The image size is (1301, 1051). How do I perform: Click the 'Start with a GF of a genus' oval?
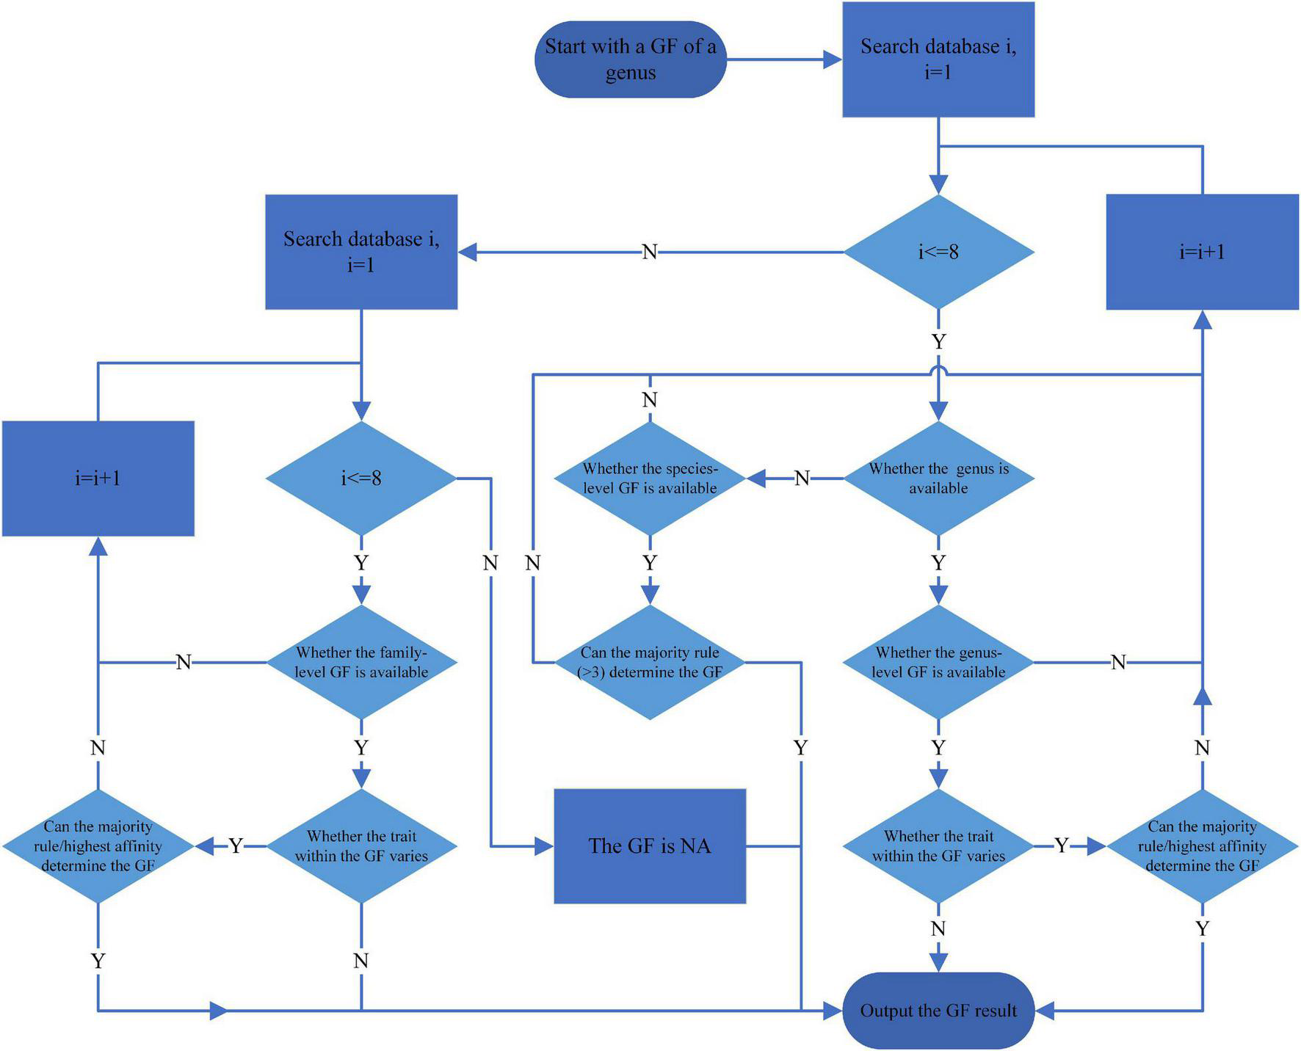pyautogui.click(x=630, y=59)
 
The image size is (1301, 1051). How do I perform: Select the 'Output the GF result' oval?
pyautogui.click(x=938, y=1011)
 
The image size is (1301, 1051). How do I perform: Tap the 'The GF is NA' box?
pyautogui.click(x=649, y=845)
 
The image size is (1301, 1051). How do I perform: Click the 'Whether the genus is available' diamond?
pyautogui.click(x=938, y=478)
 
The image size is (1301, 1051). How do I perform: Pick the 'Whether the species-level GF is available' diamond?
pyautogui.click(x=649, y=478)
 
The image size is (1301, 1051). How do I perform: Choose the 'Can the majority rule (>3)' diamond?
pyautogui.click(x=649, y=662)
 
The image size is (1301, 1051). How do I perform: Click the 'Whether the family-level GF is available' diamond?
pyautogui.click(x=360, y=662)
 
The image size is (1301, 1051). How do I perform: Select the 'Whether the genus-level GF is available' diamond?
pyautogui.click(x=938, y=662)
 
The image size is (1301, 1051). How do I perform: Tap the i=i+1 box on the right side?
pyautogui.click(x=1202, y=252)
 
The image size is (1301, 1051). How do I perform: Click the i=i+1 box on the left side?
pyautogui.click(x=98, y=478)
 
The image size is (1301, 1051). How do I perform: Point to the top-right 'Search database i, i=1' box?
pyautogui.click(x=938, y=59)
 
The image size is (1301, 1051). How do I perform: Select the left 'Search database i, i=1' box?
pyautogui.click(x=360, y=252)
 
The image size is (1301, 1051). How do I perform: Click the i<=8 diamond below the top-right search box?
pyautogui.click(x=938, y=252)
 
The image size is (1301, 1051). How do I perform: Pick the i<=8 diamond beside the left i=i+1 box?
pyautogui.click(x=360, y=478)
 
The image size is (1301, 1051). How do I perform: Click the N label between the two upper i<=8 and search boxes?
pyautogui.click(x=649, y=252)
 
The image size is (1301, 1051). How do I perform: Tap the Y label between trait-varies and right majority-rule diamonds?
pyautogui.click(x=1061, y=845)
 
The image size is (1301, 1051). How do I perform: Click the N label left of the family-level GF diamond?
pyautogui.click(x=184, y=662)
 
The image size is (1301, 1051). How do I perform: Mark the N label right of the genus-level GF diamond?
pyautogui.click(x=1117, y=662)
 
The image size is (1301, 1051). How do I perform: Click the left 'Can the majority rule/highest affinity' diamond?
pyautogui.click(x=98, y=845)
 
